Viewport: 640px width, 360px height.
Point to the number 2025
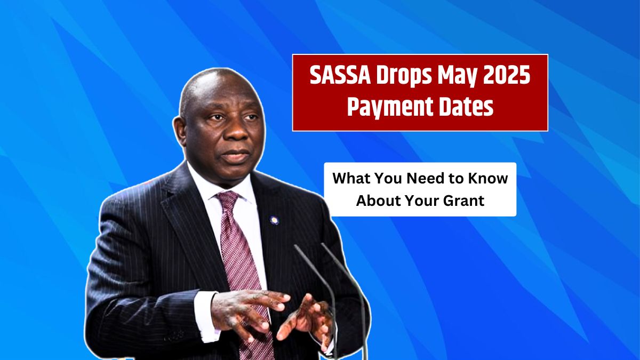(x=506, y=77)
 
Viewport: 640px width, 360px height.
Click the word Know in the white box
(x=490, y=179)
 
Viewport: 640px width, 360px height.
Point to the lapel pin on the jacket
(x=274, y=220)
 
